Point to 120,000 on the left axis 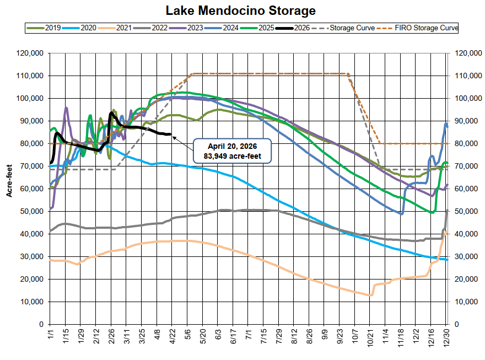(31, 53)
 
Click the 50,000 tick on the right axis (466, 211)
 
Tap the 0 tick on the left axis (42, 324)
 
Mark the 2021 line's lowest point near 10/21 (371, 295)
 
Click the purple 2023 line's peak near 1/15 (66, 108)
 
